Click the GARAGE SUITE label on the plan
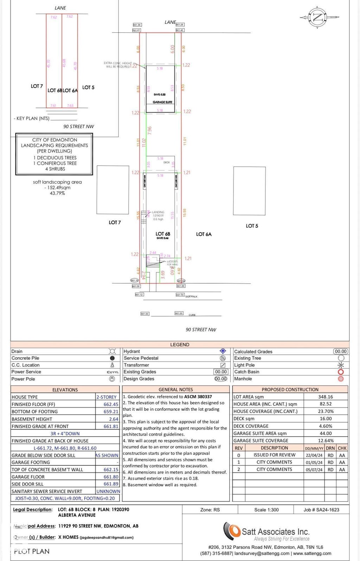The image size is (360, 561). pyautogui.click(x=162, y=102)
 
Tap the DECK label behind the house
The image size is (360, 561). pyautogui.click(x=167, y=162)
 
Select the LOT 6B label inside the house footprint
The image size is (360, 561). pyautogui.click(x=163, y=234)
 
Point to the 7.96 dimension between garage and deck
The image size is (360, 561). pyautogui.click(x=150, y=131)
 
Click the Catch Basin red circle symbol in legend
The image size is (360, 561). pyautogui.click(x=340, y=372)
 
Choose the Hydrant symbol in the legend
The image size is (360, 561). pyautogui.click(x=223, y=351)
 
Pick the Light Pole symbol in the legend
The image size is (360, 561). pyautogui.click(x=340, y=365)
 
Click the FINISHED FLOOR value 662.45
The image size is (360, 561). pyautogui.click(x=111, y=404)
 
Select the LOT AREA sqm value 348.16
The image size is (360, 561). pyautogui.click(x=325, y=397)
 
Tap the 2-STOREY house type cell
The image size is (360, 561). pyautogui.click(x=107, y=397)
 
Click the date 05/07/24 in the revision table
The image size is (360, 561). pyautogui.click(x=314, y=470)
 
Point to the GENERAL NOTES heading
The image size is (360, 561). pyautogui.click(x=176, y=389)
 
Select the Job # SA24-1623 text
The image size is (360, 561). pyautogui.click(x=321, y=510)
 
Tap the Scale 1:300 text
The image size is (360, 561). pyautogui.click(x=266, y=510)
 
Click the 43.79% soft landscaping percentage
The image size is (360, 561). pyautogui.click(x=57, y=193)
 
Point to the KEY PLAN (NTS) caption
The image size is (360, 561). pyautogui.click(x=32, y=118)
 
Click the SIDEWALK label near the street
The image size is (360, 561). pyautogui.click(x=191, y=297)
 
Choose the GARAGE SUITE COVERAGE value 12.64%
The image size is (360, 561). pyautogui.click(x=326, y=441)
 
